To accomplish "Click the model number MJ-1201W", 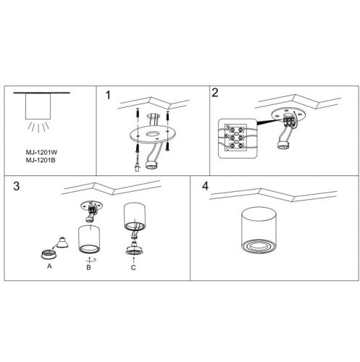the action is coord(41,153).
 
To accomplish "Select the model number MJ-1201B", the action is coord(41,160).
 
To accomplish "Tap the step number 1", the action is coord(108,95).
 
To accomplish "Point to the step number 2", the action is coord(214,93).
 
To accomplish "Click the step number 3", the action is coord(17,186).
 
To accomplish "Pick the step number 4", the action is coord(205,186).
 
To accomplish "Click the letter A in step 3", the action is coord(49,266).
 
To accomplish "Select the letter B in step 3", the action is coord(88,267).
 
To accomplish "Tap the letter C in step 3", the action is coord(133,267).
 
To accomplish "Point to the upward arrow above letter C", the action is coord(133,260).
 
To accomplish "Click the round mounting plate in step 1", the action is coord(152,135).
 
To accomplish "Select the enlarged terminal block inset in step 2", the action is coord(238,138).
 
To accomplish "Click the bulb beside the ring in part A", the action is coord(62,243).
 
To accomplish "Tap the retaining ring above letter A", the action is coord(49,255).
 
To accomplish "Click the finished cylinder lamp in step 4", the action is coord(259,230).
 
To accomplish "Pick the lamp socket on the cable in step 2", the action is coord(283,145).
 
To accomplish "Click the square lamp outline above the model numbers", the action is coord(38,106).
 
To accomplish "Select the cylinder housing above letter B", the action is coord(89,239).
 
